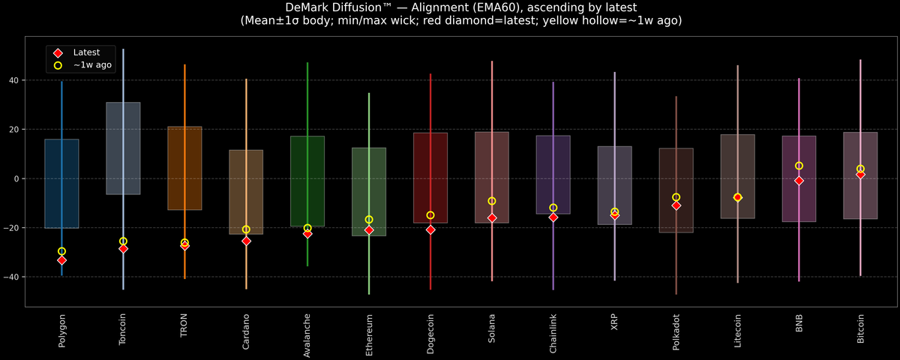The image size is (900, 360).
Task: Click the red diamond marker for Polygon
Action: [61, 260]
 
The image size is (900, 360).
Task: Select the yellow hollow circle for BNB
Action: [799, 166]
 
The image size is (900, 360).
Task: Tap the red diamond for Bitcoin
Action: [860, 175]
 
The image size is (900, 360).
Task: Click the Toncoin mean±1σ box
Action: [123, 148]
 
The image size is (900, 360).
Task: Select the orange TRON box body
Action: [184, 168]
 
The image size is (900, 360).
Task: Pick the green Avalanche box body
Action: [307, 181]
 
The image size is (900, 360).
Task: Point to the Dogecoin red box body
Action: [430, 178]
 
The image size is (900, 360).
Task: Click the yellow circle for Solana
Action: [492, 201]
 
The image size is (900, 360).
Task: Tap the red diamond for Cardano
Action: [246, 241]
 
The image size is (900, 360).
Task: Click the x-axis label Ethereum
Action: [369, 335]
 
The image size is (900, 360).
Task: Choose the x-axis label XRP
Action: [615, 326]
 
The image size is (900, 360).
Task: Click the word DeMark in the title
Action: [309, 7]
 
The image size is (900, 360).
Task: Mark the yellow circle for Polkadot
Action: [676, 197]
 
